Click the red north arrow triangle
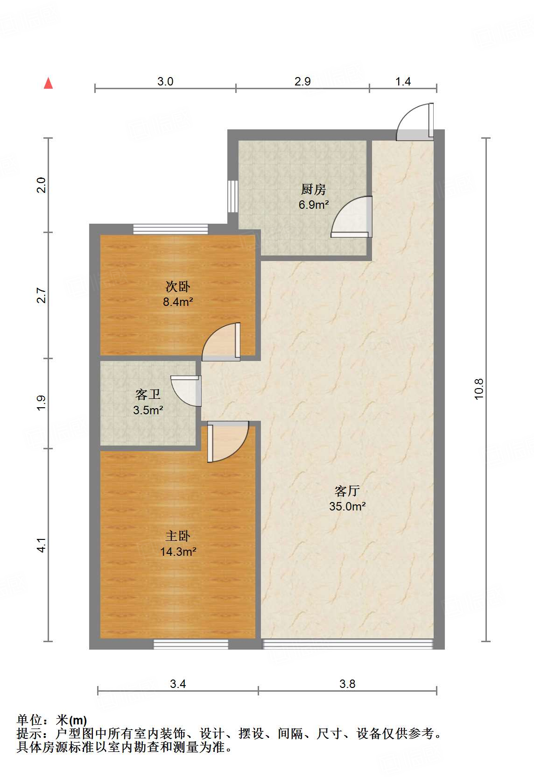49,84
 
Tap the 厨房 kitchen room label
314,190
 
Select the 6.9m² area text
314,205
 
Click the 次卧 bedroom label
178,287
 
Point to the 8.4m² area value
178,302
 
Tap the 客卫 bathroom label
148,395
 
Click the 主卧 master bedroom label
178,536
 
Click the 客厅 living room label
347,491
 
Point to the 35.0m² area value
347,506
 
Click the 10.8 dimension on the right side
479,389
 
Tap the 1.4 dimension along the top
403,81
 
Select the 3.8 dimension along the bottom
347,684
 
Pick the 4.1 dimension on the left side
42,545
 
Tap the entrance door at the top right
415,122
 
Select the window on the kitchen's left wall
232,197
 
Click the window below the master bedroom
191,644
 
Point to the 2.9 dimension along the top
302,81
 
